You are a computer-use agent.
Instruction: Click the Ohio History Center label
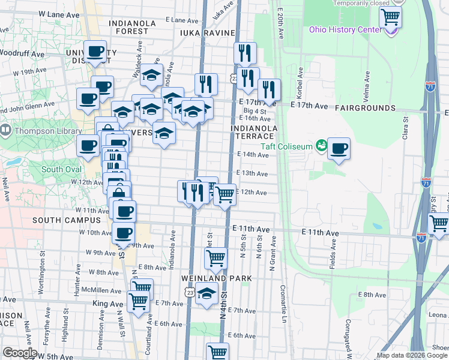(x=344, y=30)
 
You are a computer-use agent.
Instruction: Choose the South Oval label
(x=61, y=169)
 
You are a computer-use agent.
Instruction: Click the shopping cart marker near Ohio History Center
(x=390, y=17)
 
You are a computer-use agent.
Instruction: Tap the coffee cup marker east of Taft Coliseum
(x=339, y=148)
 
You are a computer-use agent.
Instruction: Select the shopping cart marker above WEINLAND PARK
(x=215, y=259)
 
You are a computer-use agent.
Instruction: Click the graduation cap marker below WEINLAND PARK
(x=207, y=295)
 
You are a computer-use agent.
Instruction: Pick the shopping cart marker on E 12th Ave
(x=224, y=194)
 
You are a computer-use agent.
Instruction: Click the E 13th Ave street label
(x=252, y=173)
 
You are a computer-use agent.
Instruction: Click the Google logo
(x=20, y=353)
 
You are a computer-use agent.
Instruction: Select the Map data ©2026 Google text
(x=411, y=355)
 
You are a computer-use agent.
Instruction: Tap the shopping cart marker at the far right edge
(x=439, y=223)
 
